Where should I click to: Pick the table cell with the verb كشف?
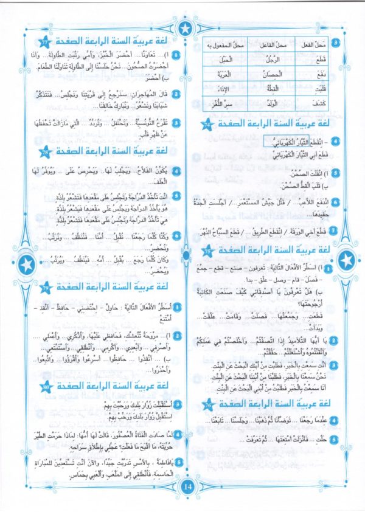point(324,105)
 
